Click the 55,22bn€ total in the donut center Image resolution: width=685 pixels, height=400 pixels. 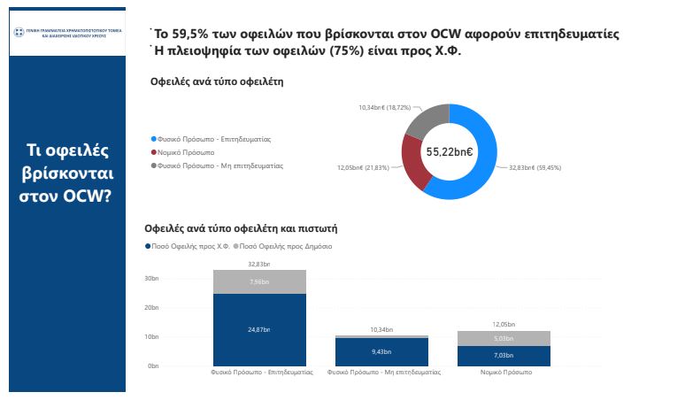click(450, 151)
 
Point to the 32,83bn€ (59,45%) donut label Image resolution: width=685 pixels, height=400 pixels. click(535, 167)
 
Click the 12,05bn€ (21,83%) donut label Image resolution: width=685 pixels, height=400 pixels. click(364, 167)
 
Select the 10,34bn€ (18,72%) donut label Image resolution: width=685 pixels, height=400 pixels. click(385, 107)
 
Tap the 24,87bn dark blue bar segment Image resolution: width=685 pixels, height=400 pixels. click(259, 329)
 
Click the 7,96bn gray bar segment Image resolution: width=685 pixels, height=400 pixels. click(259, 281)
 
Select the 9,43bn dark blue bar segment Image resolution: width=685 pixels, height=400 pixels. click(381, 351)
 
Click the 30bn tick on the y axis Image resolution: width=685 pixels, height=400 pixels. click(150, 279)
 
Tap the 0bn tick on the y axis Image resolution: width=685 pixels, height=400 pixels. click(152, 365)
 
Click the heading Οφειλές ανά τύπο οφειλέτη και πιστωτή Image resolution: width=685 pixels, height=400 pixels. click(241, 227)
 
